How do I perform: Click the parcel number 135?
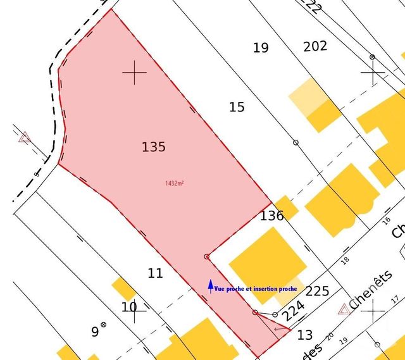coord(154,147)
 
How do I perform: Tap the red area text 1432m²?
coord(174,183)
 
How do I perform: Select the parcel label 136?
coord(272,216)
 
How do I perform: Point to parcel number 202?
coord(315,46)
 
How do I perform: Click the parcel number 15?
coord(237,107)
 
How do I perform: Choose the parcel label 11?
coord(155,273)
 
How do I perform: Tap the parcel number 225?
coord(317,291)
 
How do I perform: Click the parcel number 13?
coord(305,335)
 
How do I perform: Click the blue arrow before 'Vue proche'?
coord(211,287)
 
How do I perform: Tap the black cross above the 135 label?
coord(134,73)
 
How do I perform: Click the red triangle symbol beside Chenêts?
coord(344,309)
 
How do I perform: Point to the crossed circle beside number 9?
coord(104,326)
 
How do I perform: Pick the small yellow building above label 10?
coord(123,288)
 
